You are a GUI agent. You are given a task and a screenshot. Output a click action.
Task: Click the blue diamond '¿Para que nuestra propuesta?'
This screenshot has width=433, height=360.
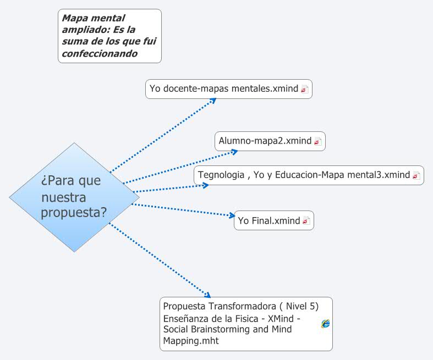click(x=74, y=197)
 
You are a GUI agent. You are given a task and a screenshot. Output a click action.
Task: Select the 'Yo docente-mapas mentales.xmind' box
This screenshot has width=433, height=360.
click(x=228, y=88)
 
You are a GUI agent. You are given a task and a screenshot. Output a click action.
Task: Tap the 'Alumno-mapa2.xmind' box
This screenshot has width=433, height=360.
click(x=270, y=141)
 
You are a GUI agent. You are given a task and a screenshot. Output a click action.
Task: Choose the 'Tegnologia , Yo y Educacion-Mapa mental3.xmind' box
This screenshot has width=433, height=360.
click(x=309, y=175)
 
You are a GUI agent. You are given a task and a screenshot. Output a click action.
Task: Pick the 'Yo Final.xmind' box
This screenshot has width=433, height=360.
click(x=274, y=221)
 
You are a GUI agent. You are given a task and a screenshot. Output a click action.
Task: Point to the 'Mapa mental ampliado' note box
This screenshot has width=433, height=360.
click(x=109, y=36)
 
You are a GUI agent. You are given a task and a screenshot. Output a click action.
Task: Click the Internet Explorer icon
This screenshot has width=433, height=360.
click(x=326, y=324)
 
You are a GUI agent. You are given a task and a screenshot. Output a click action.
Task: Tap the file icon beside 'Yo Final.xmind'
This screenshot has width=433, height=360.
click(x=306, y=221)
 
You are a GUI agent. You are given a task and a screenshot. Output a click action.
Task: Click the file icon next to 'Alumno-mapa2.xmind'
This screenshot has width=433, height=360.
click(x=317, y=141)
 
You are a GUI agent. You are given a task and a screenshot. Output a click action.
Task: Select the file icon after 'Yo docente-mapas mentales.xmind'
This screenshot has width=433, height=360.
click(x=304, y=89)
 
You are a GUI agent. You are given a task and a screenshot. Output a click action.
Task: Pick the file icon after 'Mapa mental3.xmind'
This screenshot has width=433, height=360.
click(x=416, y=176)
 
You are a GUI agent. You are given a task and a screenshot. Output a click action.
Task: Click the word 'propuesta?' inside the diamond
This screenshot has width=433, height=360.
click(x=74, y=212)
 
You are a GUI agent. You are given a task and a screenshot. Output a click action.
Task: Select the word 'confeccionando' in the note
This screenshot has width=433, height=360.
click(x=100, y=54)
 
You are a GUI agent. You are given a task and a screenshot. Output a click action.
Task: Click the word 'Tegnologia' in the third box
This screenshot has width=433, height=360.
click(x=221, y=175)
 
